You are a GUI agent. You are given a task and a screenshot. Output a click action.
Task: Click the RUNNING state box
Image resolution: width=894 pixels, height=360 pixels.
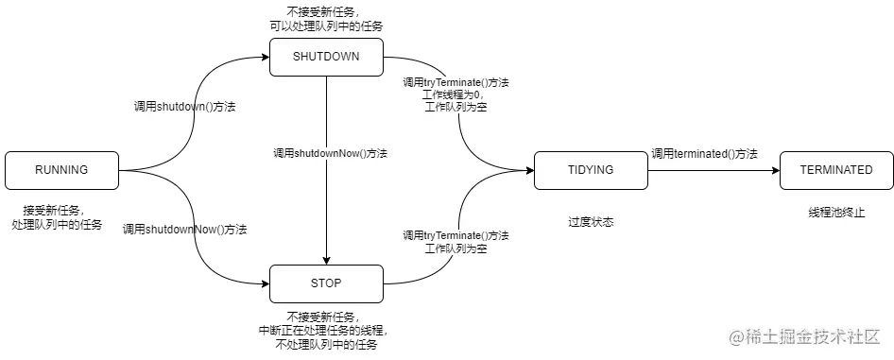point(61,170)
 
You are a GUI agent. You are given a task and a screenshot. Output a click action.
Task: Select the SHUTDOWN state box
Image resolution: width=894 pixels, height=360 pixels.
point(326,57)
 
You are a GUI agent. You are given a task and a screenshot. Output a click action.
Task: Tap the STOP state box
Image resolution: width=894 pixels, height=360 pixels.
point(326,283)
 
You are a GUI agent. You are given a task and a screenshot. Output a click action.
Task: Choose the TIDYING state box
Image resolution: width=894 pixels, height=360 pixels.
point(591,170)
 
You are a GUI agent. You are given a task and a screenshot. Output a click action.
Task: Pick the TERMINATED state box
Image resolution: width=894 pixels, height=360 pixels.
point(836,170)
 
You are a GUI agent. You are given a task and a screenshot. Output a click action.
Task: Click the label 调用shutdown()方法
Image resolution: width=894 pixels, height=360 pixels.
point(184,108)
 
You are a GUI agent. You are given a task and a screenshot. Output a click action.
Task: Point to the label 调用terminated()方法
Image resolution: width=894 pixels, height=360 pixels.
point(704,153)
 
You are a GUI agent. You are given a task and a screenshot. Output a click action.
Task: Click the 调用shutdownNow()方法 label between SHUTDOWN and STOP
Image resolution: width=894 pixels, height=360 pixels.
point(331,153)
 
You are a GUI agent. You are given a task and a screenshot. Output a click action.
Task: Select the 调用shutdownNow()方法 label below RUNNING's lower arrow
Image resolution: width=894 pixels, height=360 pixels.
point(185,230)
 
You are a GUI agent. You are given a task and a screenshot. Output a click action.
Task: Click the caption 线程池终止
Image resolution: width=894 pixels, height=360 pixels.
point(836,212)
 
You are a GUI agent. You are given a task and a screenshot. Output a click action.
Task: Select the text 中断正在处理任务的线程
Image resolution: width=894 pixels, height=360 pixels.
point(323,331)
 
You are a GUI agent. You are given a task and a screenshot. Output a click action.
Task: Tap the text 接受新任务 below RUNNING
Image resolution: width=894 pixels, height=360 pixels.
point(55,211)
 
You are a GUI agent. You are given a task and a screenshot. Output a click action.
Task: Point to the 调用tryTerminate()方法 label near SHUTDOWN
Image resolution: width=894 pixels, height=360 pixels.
point(456,83)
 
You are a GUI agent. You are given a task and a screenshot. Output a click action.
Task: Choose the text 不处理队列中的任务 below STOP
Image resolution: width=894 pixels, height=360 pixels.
point(325,345)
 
